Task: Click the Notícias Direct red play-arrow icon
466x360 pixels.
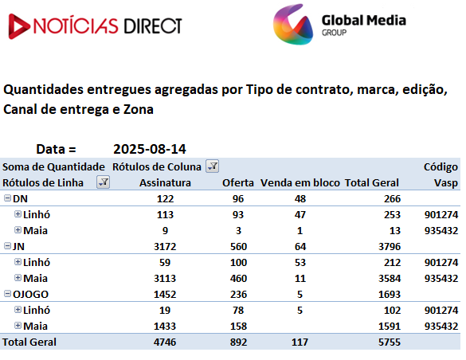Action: click(x=18, y=26)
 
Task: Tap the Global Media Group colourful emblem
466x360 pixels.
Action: click(x=293, y=25)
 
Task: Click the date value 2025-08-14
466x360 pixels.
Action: click(x=150, y=149)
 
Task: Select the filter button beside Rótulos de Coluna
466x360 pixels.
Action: click(x=213, y=166)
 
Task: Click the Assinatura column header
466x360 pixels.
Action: click(x=165, y=182)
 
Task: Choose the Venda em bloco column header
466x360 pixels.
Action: click(x=300, y=182)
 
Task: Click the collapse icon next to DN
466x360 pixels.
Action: click(x=7, y=198)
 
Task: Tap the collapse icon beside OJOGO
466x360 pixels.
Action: click(x=7, y=294)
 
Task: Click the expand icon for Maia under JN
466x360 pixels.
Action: click(x=18, y=278)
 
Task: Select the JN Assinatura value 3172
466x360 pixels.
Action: click(x=165, y=247)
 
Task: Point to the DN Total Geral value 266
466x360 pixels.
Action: click(x=392, y=198)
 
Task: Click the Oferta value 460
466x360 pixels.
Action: click(x=238, y=278)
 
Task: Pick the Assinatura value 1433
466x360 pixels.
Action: click(x=165, y=326)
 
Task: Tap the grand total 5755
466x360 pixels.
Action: click(x=390, y=342)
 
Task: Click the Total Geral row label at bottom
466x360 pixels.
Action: click(x=29, y=342)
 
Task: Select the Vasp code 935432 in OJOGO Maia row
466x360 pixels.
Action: click(x=441, y=326)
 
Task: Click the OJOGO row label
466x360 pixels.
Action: click(x=30, y=295)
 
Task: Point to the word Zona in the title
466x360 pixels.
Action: click(x=138, y=109)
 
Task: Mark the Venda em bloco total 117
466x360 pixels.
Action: click(x=300, y=342)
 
